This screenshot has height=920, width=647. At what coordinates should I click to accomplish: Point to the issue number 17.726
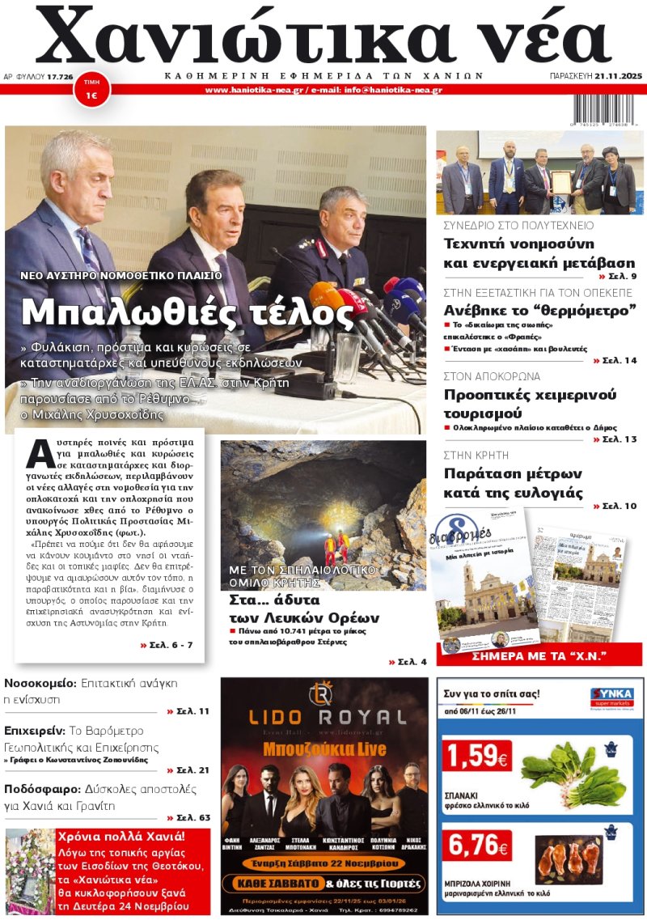pyautogui.click(x=60, y=76)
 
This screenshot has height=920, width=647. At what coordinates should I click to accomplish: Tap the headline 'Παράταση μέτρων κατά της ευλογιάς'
pyautogui.click(x=524, y=483)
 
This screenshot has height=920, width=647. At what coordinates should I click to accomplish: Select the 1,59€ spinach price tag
pyautogui.click(x=476, y=757)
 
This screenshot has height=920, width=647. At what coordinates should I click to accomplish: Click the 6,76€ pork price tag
pyautogui.click(x=476, y=846)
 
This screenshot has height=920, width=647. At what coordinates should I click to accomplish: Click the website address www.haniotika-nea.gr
pyautogui.click(x=254, y=90)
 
